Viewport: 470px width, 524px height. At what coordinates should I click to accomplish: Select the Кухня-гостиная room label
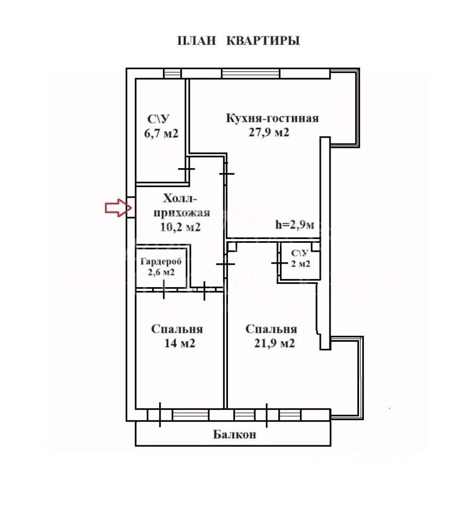(272, 118)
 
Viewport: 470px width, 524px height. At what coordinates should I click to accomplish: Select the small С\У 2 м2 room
(300, 258)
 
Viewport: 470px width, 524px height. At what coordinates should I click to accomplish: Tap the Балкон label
(234, 435)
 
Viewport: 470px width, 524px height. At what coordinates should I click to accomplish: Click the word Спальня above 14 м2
(177, 329)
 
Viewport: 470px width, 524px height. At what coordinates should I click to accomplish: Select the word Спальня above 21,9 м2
(271, 329)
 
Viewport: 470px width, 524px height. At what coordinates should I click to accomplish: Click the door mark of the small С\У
(279, 263)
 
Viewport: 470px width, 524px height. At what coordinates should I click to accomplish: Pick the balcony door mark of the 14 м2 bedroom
(160, 414)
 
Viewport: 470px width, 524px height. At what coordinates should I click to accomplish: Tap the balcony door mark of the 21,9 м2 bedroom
(266, 415)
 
